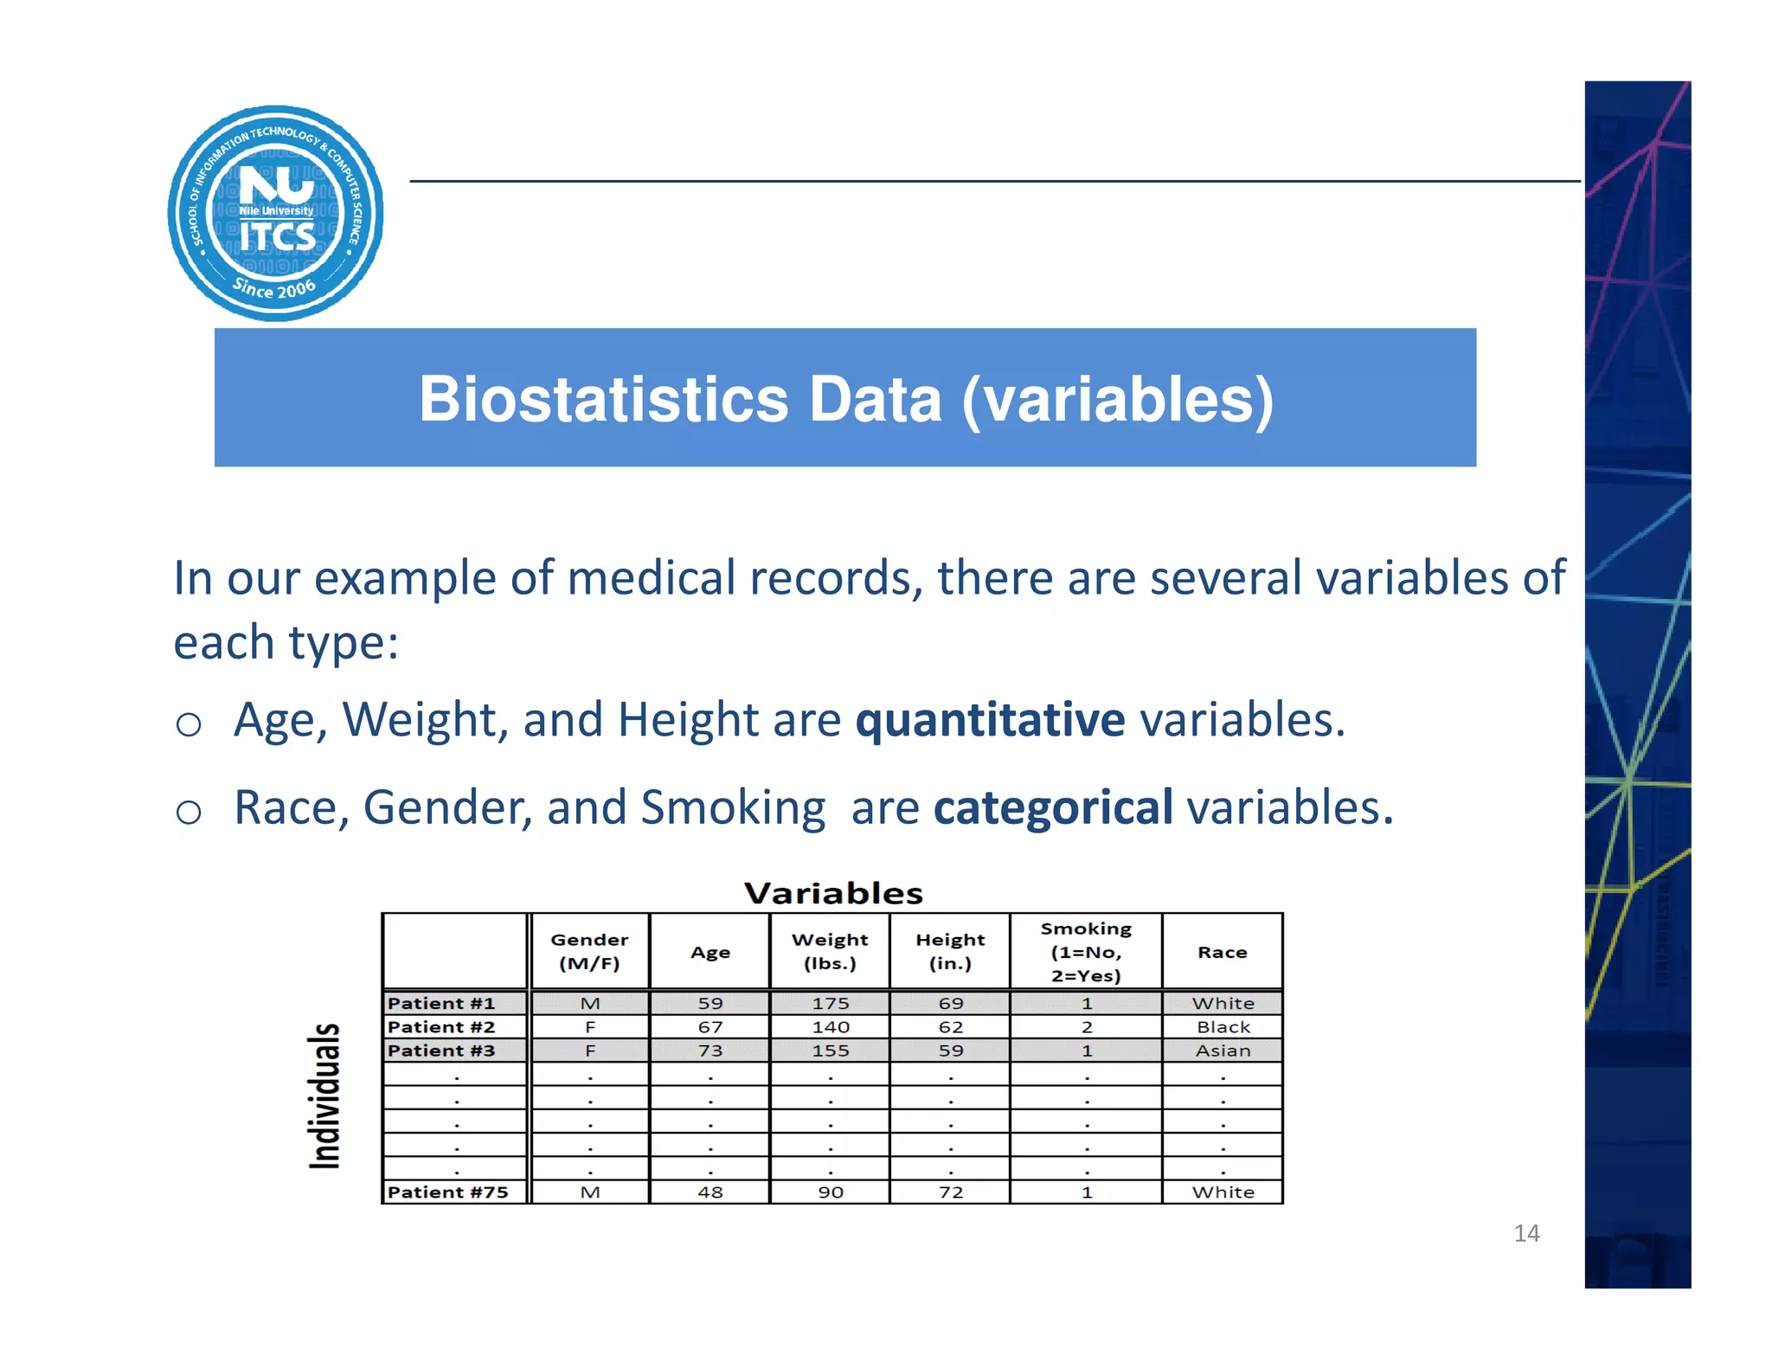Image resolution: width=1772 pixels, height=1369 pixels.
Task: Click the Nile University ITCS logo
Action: pyautogui.click(x=275, y=214)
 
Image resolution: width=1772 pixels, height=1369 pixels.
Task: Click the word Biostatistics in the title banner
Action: pyautogui.click(x=603, y=400)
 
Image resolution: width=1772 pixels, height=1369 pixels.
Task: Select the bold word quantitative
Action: pyautogui.click(x=990, y=720)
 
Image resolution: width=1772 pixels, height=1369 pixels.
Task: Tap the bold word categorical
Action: pyautogui.click(x=1053, y=808)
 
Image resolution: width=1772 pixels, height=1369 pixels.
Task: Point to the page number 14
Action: pyautogui.click(x=1526, y=1233)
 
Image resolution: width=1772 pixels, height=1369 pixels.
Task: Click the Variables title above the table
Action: pyautogui.click(x=833, y=893)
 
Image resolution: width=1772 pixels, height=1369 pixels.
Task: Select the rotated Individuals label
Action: pyautogui.click(x=325, y=1096)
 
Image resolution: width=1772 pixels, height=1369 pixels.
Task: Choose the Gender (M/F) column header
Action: pyautogui.click(x=589, y=951)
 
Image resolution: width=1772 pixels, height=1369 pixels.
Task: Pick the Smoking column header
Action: pyautogui.click(x=1086, y=951)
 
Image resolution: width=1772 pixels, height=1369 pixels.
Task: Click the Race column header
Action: pyautogui.click(x=1222, y=952)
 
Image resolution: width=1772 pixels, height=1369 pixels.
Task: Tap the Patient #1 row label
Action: pyautogui.click(x=441, y=1003)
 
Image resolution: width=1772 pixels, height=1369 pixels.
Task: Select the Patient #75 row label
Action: pyautogui.click(x=447, y=1192)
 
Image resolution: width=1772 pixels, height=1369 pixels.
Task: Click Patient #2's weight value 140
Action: pyautogui.click(x=831, y=1027)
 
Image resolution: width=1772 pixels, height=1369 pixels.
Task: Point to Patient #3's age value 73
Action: pyautogui.click(x=710, y=1051)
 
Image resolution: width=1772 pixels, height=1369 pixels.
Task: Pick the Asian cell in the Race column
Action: pyautogui.click(x=1223, y=1051)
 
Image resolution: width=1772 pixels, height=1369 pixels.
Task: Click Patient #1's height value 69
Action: pyautogui.click(x=950, y=1003)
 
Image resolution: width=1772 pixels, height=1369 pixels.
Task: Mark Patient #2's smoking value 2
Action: pyautogui.click(x=1087, y=1027)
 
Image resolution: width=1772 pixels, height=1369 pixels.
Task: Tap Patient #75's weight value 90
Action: pyautogui.click(x=831, y=1192)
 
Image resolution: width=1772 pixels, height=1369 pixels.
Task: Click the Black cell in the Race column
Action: pyautogui.click(x=1223, y=1027)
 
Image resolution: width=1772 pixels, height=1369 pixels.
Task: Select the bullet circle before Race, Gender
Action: pyautogui.click(x=189, y=812)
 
